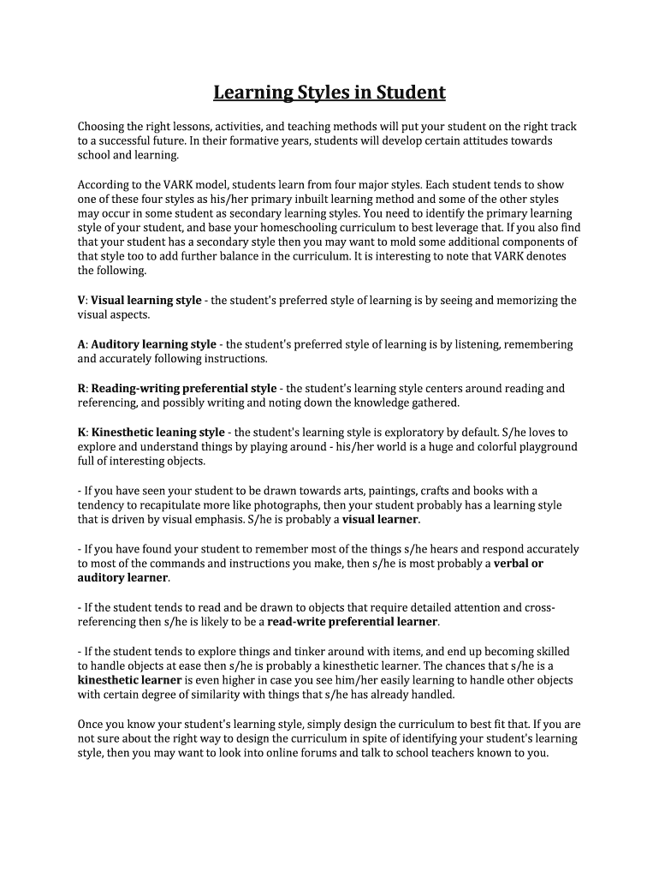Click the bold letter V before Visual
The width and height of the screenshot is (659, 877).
(81, 301)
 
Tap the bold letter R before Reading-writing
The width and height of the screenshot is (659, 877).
(81, 388)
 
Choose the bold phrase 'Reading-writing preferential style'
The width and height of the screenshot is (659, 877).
(184, 388)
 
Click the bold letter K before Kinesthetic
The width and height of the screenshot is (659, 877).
(81, 432)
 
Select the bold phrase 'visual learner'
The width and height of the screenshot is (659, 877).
(381, 519)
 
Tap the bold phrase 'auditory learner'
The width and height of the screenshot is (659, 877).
(122, 577)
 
